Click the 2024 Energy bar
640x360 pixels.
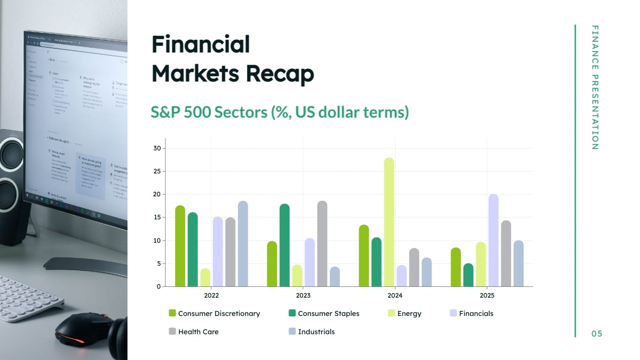pyautogui.click(x=389, y=222)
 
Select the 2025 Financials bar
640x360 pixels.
pyautogui.click(x=493, y=240)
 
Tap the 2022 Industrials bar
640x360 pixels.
pyautogui.click(x=243, y=244)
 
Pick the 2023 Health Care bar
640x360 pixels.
pyautogui.click(x=322, y=244)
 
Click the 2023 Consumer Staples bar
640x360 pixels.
pyautogui.click(x=284, y=245)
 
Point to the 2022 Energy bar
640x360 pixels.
pyautogui.click(x=205, y=277)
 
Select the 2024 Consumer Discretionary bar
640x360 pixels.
pyautogui.click(x=364, y=256)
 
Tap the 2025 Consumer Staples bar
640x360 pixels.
pyautogui.click(x=468, y=275)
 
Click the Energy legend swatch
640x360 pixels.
pyautogui.click(x=391, y=313)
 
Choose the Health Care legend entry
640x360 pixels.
pyautogui.click(x=198, y=331)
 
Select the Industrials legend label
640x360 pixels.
pyautogui.click(x=316, y=331)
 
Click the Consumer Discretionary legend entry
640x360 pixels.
pyautogui.click(x=218, y=313)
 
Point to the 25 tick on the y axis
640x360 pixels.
pyautogui.click(x=157, y=171)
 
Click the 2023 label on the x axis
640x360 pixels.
pyautogui.click(x=303, y=296)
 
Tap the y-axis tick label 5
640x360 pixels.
pyautogui.click(x=158, y=263)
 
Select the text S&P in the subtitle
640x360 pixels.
pyautogui.click(x=164, y=112)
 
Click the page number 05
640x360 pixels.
pyautogui.click(x=596, y=334)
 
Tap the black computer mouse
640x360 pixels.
pyautogui.click(x=84, y=329)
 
